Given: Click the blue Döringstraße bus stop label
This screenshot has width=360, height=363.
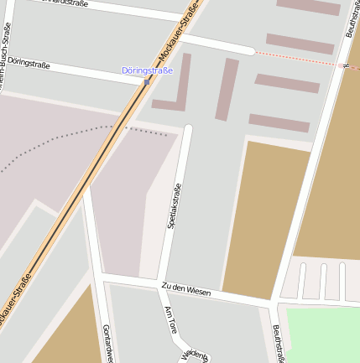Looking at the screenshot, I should tap(147, 70).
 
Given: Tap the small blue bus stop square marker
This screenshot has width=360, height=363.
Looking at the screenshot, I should tap(147, 82).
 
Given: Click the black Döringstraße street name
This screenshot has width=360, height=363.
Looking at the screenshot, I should tap(29, 65).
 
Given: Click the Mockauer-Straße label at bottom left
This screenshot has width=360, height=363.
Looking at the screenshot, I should tap(16, 301).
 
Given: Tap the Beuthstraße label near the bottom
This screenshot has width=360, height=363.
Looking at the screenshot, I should tap(278, 344).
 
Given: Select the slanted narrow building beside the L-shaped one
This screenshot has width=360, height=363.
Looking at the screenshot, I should tap(227, 89).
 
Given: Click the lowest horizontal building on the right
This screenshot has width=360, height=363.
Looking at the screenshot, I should tap(279, 123).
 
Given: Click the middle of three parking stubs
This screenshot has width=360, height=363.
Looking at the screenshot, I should tap(322, 281).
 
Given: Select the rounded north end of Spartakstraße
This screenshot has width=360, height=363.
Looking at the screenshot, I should tap(188, 129).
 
